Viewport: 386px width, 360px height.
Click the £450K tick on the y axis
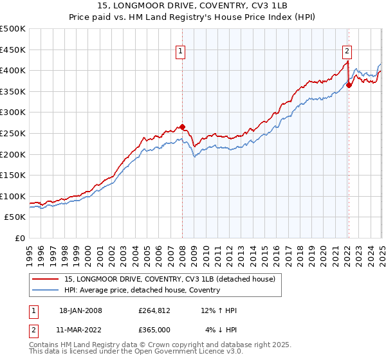click(14, 50)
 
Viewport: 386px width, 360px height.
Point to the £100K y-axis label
click(14, 196)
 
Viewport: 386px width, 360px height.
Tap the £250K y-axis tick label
click(14, 133)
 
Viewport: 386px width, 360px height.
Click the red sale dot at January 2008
click(182, 127)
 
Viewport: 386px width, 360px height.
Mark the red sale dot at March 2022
click(349, 84)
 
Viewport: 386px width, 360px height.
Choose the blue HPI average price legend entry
click(142, 290)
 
